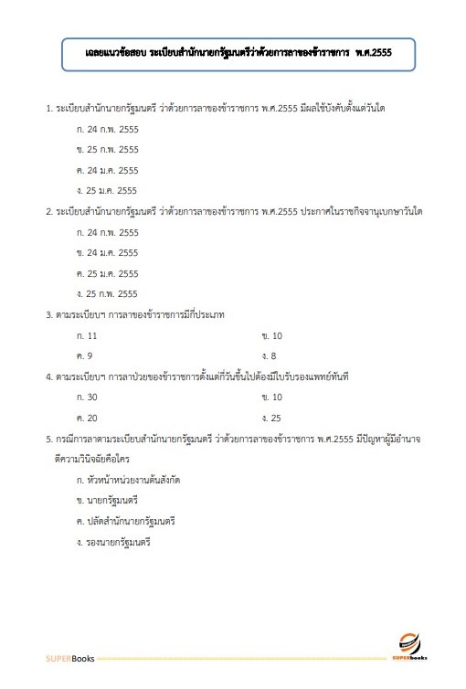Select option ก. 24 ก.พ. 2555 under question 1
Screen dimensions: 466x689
108,130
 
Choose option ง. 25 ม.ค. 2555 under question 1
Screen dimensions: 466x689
108,190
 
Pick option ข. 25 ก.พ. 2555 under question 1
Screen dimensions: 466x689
108,150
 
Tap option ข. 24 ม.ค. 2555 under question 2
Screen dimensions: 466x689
108,253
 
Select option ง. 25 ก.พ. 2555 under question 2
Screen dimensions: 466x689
108,293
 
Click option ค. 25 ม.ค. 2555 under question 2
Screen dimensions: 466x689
108,273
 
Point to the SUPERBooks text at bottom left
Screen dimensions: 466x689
69,658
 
